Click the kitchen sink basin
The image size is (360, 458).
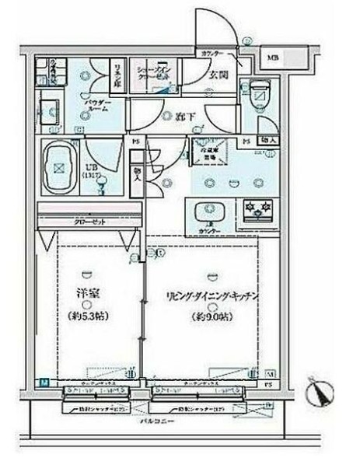point(208,210)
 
